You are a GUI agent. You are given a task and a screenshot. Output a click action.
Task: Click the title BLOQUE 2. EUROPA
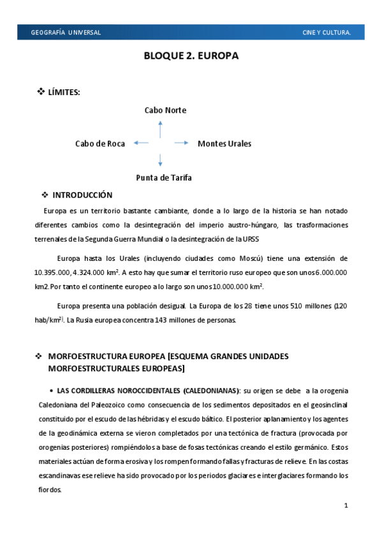pos(191,56)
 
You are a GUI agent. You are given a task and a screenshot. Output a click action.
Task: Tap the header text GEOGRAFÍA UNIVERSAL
pos(66,33)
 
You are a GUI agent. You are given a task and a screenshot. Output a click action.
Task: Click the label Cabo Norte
pos(165,110)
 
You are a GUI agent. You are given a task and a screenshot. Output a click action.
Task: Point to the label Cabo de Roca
pos(99,144)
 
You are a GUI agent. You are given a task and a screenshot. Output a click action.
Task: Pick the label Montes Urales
pos(224,144)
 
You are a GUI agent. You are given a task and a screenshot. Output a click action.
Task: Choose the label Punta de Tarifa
pos(164,177)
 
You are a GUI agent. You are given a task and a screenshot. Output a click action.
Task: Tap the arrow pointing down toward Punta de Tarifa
pos(161,159)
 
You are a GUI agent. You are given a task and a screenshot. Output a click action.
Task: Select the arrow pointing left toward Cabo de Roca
pos(142,143)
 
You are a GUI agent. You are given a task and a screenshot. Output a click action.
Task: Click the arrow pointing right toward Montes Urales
pos(181,143)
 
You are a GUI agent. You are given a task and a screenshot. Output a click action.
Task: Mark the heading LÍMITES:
pos(64,93)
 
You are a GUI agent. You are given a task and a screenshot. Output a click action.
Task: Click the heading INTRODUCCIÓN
pos(82,195)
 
